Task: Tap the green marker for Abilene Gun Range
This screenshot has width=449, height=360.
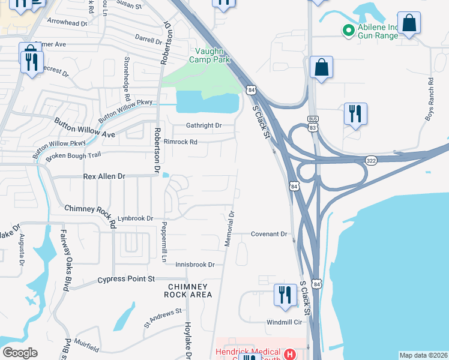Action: (347, 29)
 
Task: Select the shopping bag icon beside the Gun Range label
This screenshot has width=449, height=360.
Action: (409, 24)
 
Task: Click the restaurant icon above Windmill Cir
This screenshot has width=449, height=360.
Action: (285, 295)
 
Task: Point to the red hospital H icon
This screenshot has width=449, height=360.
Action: (289, 355)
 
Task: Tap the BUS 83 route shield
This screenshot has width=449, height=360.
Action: (312, 124)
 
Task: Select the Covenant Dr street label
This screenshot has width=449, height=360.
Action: (270, 234)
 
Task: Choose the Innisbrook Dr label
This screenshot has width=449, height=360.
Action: (195, 265)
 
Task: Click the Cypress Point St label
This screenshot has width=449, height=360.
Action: (126, 279)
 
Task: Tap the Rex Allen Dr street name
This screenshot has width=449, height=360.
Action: (104, 176)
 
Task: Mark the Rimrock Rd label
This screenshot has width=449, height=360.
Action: (181, 142)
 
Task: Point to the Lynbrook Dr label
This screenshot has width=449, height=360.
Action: (135, 218)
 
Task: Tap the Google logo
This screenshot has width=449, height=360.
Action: (20, 353)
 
